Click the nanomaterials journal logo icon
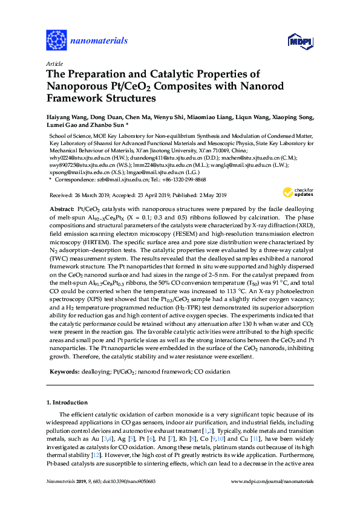point(56,41)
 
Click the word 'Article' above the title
point(53,63)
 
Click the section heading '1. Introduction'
point(67,402)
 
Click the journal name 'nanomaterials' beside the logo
point(99,41)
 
